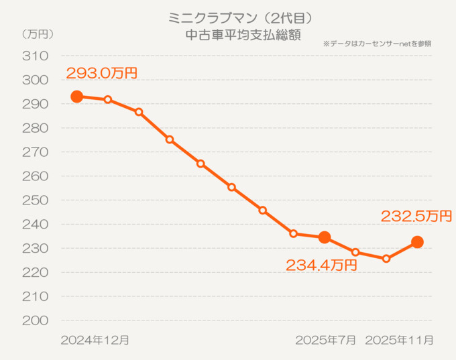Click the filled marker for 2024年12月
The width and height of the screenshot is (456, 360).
click(77, 97)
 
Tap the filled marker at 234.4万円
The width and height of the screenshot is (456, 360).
click(325, 237)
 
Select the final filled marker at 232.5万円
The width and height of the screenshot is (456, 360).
click(417, 242)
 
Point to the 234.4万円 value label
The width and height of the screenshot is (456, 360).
click(321, 265)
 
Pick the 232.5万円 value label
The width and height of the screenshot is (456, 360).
click(416, 216)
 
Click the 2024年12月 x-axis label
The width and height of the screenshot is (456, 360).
click(95, 341)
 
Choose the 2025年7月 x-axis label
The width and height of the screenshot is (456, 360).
click(326, 341)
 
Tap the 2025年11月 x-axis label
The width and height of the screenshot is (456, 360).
click(399, 341)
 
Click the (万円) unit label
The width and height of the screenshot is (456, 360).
click(37, 34)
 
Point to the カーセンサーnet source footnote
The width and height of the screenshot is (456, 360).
click(377, 44)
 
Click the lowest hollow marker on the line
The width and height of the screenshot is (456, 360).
click(386, 258)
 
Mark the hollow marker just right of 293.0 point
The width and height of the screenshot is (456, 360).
click(108, 99)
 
